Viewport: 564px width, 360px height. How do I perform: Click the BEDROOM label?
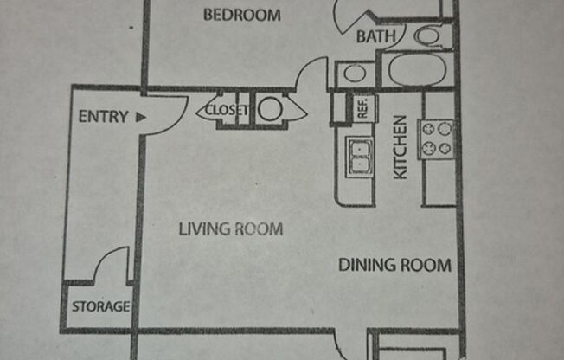(x=242, y=15)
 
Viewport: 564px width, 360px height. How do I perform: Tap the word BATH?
(x=377, y=36)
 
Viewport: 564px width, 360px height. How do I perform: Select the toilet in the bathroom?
(x=429, y=36)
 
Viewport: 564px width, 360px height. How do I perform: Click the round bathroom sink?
(x=354, y=73)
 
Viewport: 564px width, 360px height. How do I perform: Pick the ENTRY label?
(x=103, y=117)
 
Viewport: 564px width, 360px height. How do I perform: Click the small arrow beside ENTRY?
(x=140, y=117)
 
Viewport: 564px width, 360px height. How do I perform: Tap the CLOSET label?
(x=227, y=110)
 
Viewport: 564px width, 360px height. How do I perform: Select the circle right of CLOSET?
(x=270, y=110)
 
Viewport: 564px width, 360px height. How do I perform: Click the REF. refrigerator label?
(x=362, y=107)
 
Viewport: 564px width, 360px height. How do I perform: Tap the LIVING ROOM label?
(x=231, y=229)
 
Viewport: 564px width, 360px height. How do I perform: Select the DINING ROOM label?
(x=394, y=265)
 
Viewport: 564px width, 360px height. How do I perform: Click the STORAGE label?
(x=100, y=306)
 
